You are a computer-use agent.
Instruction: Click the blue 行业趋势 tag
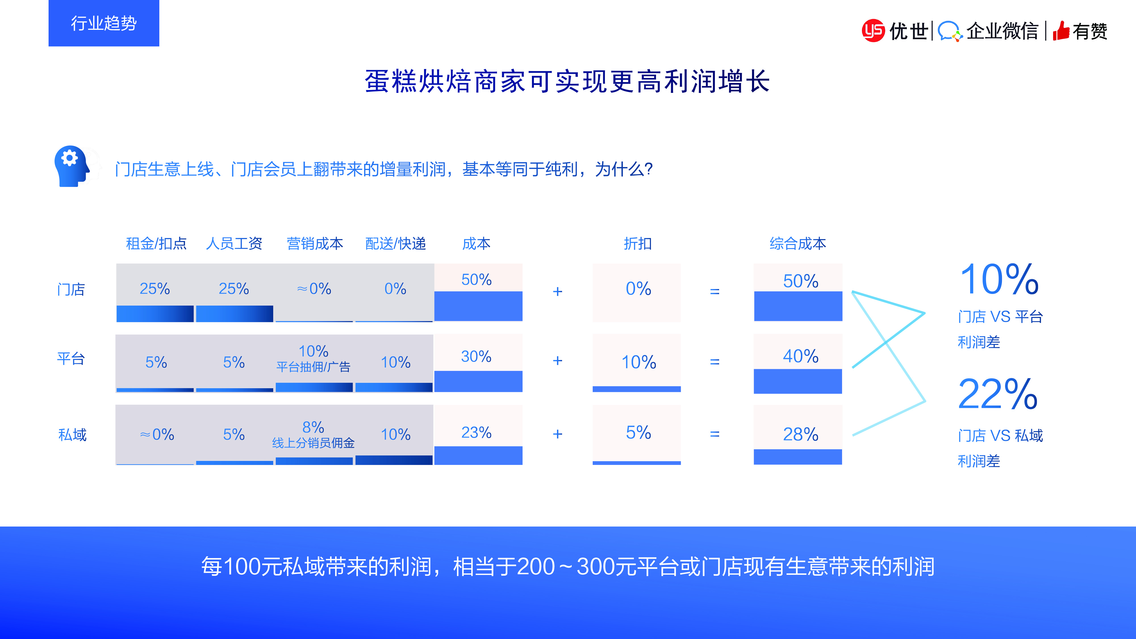point(104,23)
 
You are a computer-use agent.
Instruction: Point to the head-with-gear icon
point(72,166)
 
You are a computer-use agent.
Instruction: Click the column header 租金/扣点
point(156,243)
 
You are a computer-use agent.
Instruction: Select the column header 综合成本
point(798,243)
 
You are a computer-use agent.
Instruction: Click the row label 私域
point(72,435)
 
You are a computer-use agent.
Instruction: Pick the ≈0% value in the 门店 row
point(314,289)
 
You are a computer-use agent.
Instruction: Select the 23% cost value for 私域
point(476,433)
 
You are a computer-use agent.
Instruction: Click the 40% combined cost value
point(800,356)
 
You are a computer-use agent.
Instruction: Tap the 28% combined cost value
point(800,435)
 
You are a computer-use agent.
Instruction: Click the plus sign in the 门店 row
point(557,291)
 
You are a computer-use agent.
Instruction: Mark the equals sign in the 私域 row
point(715,434)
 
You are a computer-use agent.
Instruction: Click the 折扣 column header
point(638,243)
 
